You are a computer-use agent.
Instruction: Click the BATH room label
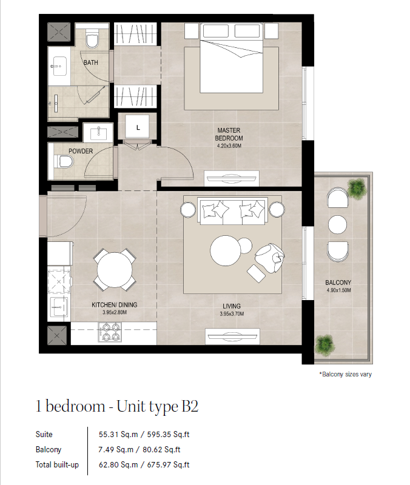[x=90, y=62]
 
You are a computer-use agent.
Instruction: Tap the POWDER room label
[x=81, y=151]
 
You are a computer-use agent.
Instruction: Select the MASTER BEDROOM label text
[x=229, y=134]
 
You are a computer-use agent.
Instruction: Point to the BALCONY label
[x=338, y=283]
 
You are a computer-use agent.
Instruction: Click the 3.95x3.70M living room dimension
[x=232, y=313]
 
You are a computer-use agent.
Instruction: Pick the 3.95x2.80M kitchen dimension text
[x=115, y=312]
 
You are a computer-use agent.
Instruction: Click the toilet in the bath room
[x=92, y=38]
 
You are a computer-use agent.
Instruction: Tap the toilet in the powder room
[x=64, y=162]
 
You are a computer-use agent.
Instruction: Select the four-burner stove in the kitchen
[x=110, y=332]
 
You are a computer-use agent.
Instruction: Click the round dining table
[x=115, y=270]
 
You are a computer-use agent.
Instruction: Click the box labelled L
[x=138, y=127]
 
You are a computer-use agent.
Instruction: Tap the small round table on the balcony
[x=337, y=224]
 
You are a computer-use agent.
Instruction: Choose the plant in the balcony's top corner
[x=357, y=188]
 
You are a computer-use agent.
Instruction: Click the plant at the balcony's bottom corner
[x=324, y=344]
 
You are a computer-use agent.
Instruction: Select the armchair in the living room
[x=270, y=258]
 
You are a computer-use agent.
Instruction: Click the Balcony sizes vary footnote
[x=345, y=374]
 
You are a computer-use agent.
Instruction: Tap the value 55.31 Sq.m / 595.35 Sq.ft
[x=144, y=434]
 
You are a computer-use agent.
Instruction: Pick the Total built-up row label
[x=57, y=464]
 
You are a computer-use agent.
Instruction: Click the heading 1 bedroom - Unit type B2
[x=117, y=406]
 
